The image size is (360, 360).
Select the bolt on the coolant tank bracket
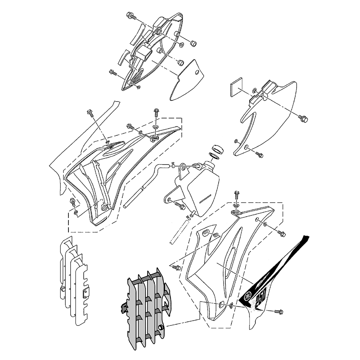coord(180,206)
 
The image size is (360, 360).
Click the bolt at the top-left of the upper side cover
coord(131,16)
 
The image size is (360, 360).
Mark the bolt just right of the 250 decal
coord(278,311)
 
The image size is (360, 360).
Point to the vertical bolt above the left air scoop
coord(156,113)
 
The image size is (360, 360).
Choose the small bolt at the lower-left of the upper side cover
coord(113,73)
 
